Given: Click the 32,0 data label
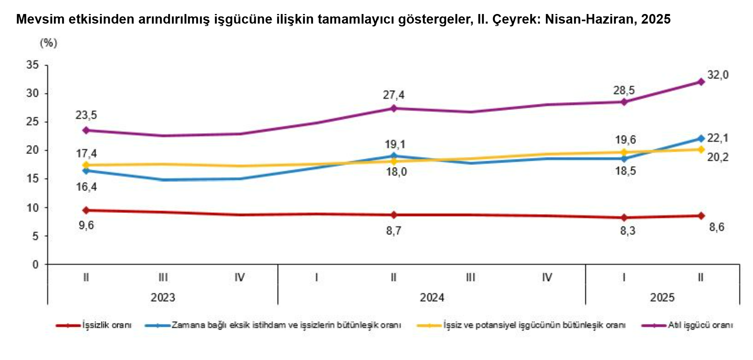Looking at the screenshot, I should (718, 75).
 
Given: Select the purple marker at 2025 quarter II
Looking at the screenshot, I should (701, 82).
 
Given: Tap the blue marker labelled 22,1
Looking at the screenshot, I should (701, 138).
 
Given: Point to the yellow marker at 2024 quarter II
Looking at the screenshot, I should (394, 161).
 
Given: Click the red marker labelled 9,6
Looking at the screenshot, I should (86, 210).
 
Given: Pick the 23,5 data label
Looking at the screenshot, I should (86, 115).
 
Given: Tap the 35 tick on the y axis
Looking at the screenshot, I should (33, 65).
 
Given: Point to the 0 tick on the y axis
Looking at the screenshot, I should (36, 264).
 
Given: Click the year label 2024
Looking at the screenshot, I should (432, 298).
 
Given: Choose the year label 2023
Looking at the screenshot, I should (163, 298).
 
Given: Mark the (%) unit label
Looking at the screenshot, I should (48, 43).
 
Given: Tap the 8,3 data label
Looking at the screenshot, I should (627, 231).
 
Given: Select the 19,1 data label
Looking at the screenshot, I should (395, 144).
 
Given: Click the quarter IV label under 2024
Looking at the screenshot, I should (547, 277).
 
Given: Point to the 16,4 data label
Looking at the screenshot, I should (86, 187).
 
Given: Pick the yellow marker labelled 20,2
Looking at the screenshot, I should (701, 149).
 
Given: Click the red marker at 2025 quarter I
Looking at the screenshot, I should (624, 218).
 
